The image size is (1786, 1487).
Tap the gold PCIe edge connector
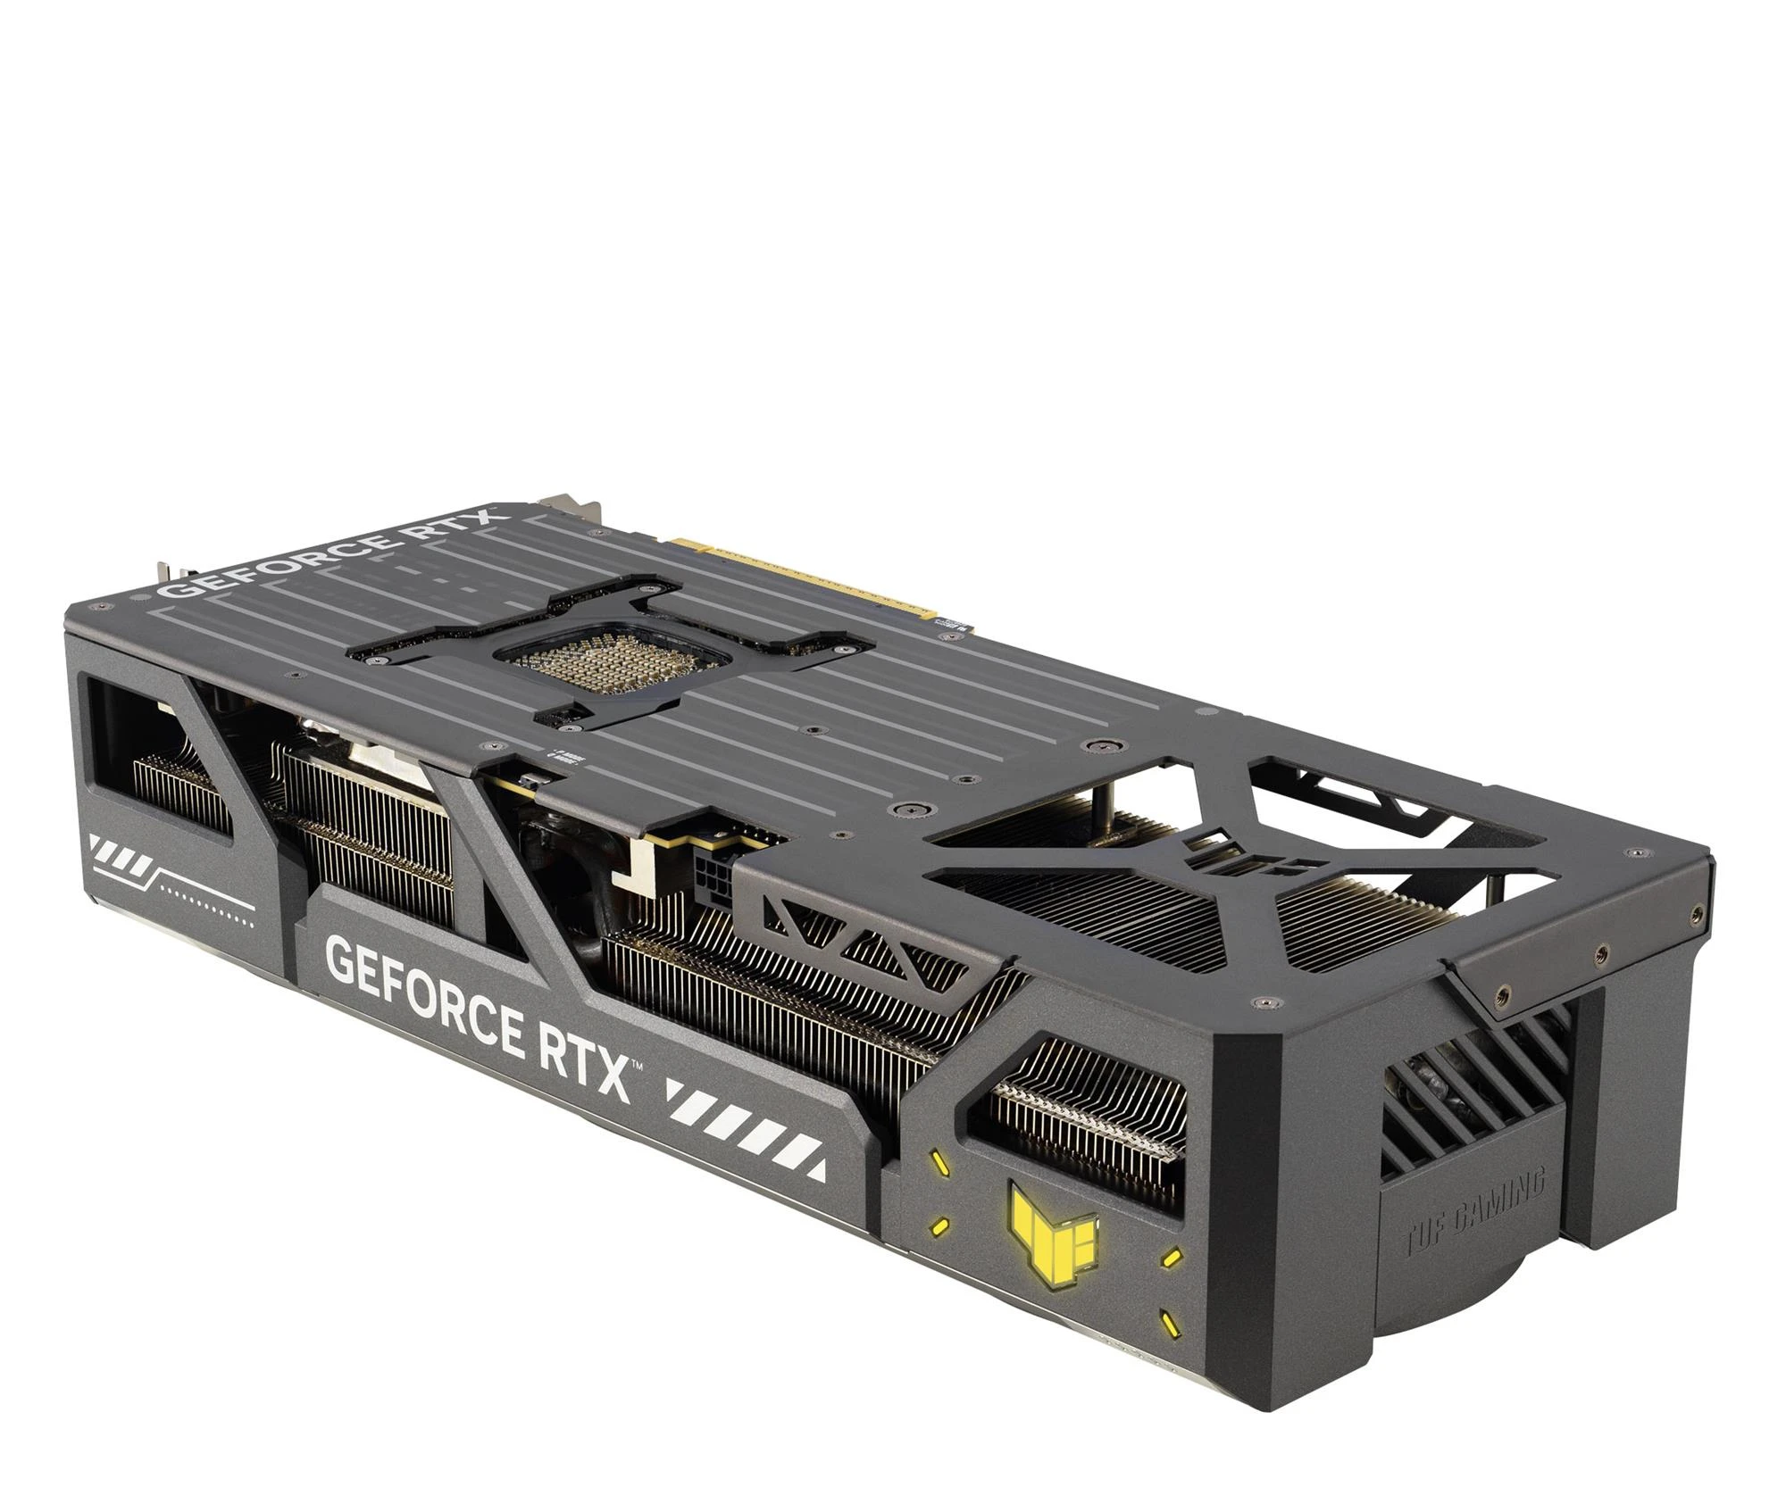pos(804,571)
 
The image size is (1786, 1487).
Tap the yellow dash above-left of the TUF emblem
pos(941,1163)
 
